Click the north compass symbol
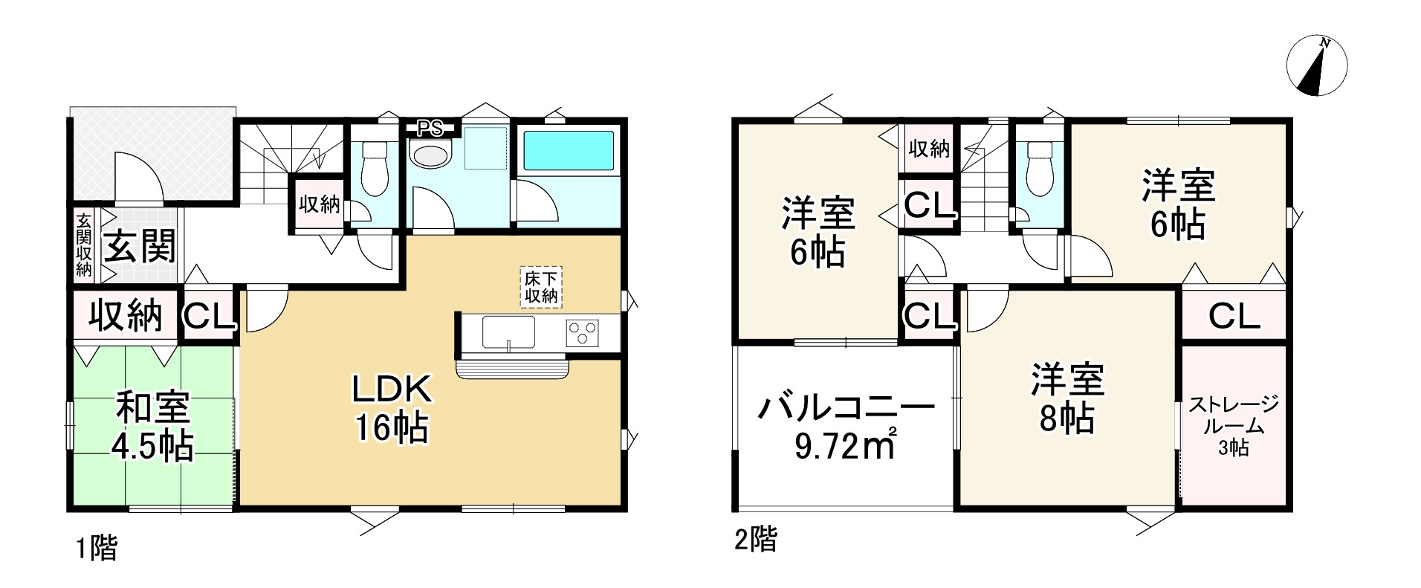pos(1316,66)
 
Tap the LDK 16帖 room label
pos(391,409)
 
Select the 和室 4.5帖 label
pos(152,427)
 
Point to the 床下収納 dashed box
pos(540,287)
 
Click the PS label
pos(430,129)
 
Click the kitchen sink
pos(508,332)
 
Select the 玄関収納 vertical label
pos(84,245)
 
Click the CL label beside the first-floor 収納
pos(210,317)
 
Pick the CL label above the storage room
pos(1234,317)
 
